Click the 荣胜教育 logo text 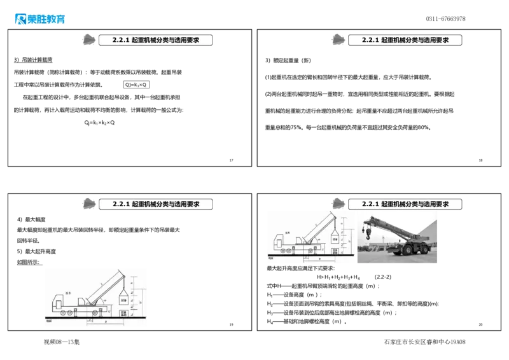click(x=46, y=19)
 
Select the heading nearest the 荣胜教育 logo click(x=156, y=40)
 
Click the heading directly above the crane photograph click(x=405, y=204)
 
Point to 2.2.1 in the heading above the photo click(x=371, y=204)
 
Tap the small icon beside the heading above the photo click(x=338, y=202)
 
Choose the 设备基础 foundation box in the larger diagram click(x=123, y=312)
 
